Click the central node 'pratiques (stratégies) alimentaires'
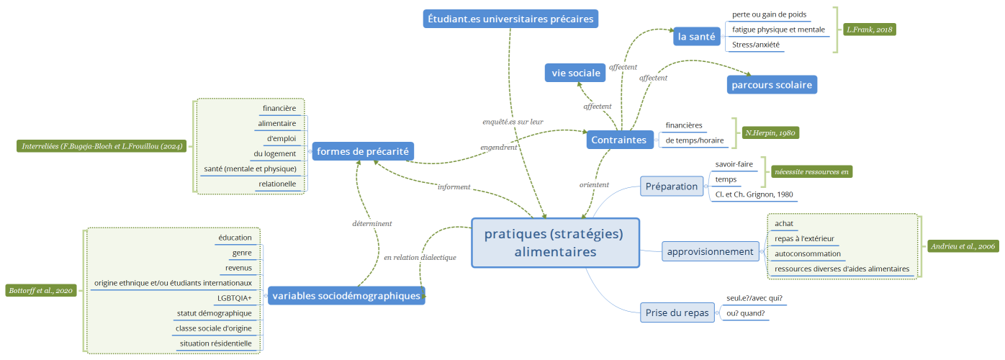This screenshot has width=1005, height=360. (555, 243)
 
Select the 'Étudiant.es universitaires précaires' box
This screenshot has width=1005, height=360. (511, 19)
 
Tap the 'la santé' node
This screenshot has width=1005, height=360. (696, 36)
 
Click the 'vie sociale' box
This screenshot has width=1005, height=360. (575, 73)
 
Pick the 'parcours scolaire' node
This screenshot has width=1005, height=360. (772, 84)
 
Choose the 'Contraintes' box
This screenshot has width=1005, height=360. (618, 140)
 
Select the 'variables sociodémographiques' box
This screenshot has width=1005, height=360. (346, 295)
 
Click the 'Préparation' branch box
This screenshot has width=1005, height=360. (672, 186)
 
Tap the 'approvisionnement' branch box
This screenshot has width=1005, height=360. (710, 251)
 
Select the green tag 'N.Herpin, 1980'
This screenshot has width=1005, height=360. (771, 132)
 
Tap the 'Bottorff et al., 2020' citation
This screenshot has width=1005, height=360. (40, 291)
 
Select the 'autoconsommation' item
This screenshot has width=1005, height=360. (807, 253)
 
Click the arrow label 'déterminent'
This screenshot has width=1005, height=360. (371, 223)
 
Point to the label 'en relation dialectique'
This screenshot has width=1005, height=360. (420, 257)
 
